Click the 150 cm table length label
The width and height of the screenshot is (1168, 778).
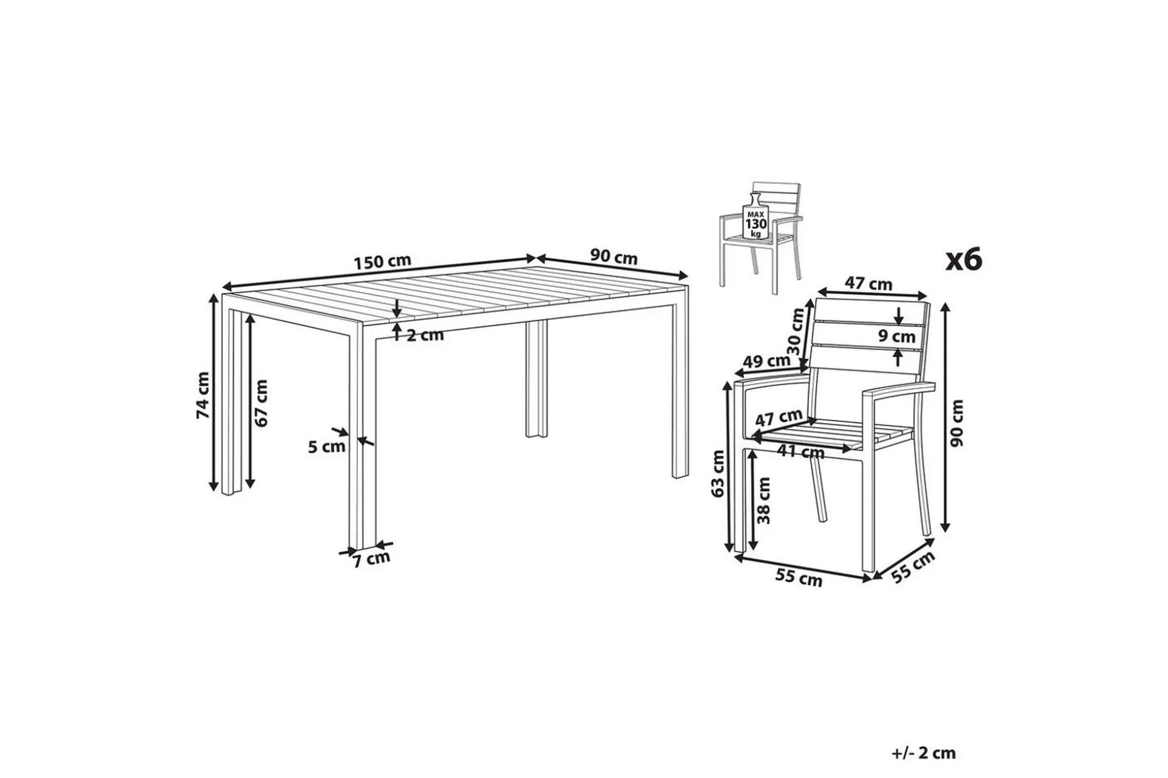(x=382, y=261)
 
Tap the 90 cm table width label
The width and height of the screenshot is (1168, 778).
(x=614, y=257)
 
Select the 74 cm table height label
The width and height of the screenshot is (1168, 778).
(x=203, y=395)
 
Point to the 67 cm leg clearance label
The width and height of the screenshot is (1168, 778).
(x=261, y=403)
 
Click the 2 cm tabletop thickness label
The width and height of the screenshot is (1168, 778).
(x=424, y=335)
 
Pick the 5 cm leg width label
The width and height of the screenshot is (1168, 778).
(x=327, y=447)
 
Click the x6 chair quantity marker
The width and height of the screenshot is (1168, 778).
(x=964, y=259)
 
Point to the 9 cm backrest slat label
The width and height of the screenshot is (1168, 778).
(x=897, y=337)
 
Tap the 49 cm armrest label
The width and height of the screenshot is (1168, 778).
(x=766, y=361)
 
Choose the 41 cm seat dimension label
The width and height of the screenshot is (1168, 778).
(x=801, y=450)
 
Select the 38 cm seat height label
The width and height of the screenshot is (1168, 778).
(x=764, y=500)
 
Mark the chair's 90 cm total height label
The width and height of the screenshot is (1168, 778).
(x=956, y=424)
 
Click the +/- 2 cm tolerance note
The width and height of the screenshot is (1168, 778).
(x=923, y=753)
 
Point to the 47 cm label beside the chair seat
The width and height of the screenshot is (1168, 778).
(x=779, y=417)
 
